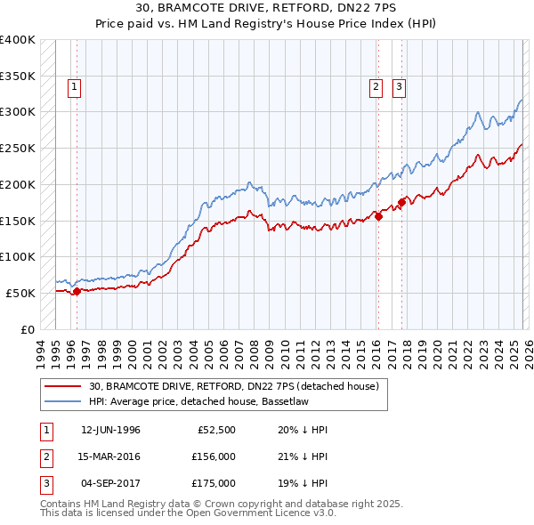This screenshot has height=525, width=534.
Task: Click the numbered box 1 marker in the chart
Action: tap(72, 86)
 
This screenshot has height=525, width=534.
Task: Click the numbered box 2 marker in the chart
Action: tap(376, 86)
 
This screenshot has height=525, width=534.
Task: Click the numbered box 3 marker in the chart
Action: tap(400, 86)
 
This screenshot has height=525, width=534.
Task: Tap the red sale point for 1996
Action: tap(77, 290)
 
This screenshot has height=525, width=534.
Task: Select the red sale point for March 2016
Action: tap(378, 215)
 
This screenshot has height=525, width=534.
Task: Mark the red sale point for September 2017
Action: tap(401, 202)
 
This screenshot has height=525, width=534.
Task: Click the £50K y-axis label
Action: tap(20, 293)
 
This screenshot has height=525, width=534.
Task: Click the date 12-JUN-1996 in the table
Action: tap(110, 430)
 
